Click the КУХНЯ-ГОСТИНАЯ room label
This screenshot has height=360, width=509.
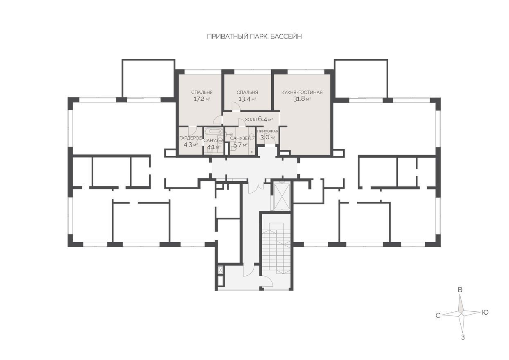pyautogui.click(x=302, y=92)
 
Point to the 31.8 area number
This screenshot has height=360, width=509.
pyautogui.click(x=299, y=99)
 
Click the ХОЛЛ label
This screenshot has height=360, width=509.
pyautogui.click(x=251, y=119)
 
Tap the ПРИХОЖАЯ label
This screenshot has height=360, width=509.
pyautogui.click(x=268, y=131)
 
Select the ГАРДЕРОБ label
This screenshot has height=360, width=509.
pyautogui.click(x=191, y=138)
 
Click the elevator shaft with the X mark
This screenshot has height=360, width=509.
pyautogui.click(x=282, y=196)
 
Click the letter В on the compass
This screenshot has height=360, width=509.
pyautogui.click(x=460, y=290)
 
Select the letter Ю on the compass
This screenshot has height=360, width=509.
pyautogui.click(x=485, y=313)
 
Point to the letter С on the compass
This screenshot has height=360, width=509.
pyautogui.click(x=438, y=315)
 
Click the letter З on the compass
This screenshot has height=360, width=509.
pyautogui.click(x=463, y=344)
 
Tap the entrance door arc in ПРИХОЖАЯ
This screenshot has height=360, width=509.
pyautogui.click(x=273, y=141)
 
